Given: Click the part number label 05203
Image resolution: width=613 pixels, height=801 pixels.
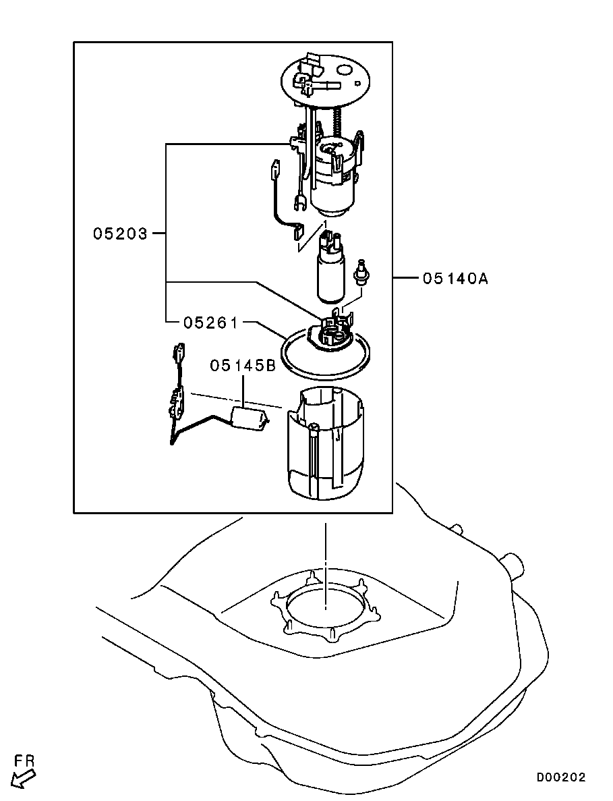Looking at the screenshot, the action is pyautogui.click(x=120, y=233).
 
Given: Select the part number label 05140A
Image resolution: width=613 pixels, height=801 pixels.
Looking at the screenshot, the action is pyautogui.click(x=455, y=279).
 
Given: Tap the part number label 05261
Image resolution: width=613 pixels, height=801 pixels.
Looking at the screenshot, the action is pyautogui.click(x=210, y=323).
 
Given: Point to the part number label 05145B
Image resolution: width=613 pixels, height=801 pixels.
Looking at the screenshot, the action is pyautogui.click(x=243, y=365).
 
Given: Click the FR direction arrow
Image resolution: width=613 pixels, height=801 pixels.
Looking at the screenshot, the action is pyautogui.click(x=24, y=780).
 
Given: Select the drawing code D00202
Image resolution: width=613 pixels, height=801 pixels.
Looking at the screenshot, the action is pyautogui.click(x=561, y=777).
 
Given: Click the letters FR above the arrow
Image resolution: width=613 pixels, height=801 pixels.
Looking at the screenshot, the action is pyautogui.click(x=24, y=761).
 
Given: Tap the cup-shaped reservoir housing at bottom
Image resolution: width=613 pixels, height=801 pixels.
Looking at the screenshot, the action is pyautogui.click(x=326, y=443).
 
